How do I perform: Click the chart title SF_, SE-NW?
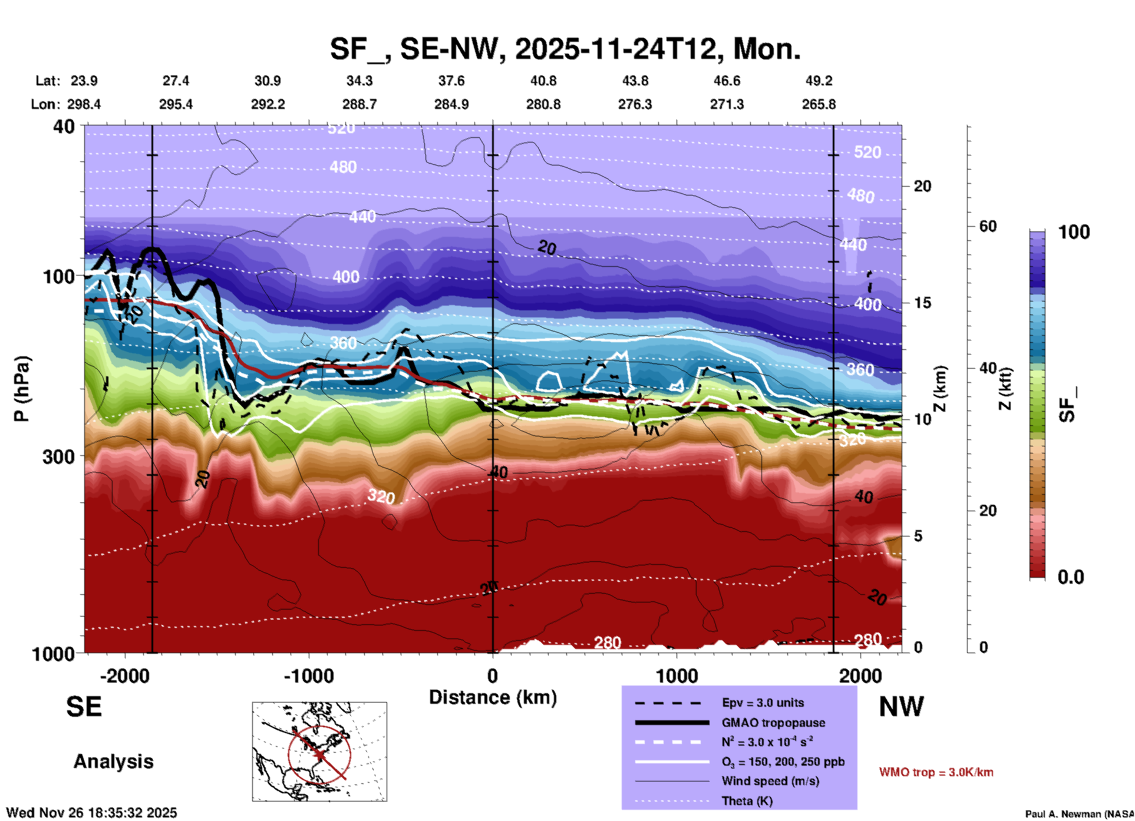click(565, 49)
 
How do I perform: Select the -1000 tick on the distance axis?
click(309, 676)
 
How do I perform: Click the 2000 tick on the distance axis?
click(860, 676)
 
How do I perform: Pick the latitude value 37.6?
click(451, 81)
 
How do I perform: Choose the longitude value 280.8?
click(543, 104)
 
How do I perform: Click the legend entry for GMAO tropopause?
click(773, 723)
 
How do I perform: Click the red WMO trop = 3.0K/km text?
click(936, 772)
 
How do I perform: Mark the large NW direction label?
click(901, 707)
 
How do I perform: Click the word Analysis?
click(113, 762)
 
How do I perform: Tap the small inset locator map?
click(319, 752)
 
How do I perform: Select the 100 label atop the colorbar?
click(1074, 232)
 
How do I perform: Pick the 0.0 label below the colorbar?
click(1070, 577)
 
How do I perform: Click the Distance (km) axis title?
click(493, 697)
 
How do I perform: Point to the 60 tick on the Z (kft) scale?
click(988, 226)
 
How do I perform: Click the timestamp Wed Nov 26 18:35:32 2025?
click(91, 813)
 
